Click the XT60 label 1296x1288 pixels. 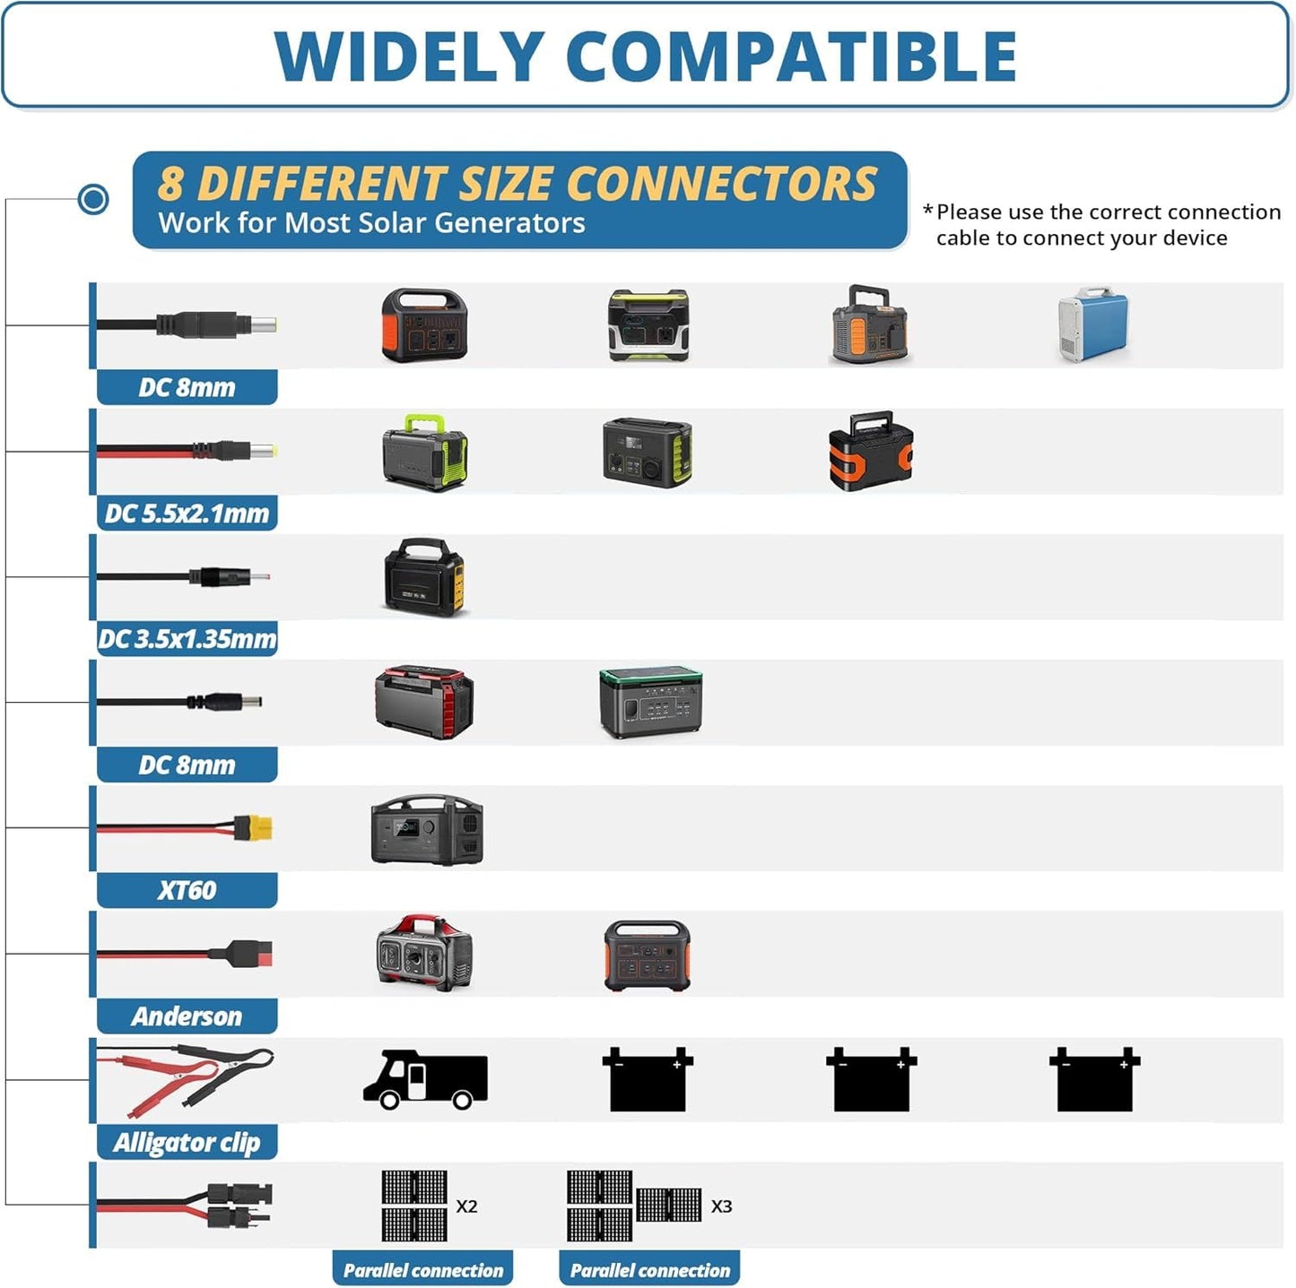click(x=187, y=890)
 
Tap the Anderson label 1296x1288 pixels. click(x=187, y=1016)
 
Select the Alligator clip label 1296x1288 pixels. click(x=187, y=1142)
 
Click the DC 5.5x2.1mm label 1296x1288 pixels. click(x=187, y=513)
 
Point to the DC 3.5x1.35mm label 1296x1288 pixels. click(x=187, y=638)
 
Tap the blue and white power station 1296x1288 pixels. click(x=1093, y=324)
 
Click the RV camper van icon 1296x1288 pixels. click(x=425, y=1079)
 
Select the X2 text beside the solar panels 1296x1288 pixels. click(x=466, y=1206)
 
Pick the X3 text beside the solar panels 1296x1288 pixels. click(x=722, y=1206)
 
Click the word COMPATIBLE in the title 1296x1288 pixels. click(x=792, y=56)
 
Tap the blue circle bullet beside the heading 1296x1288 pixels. click(x=93, y=199)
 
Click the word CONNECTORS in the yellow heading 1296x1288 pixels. click(x=723, y=183)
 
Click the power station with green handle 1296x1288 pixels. click(x=425, y=452)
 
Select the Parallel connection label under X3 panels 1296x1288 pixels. click(x=649, y=1270)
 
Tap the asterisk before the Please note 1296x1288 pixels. click(x=928, y=211)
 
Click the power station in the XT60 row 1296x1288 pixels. click(x=426, y=830)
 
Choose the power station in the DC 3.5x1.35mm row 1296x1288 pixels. click(x=423, y=577)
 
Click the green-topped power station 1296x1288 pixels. click(x=650, y=703)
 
